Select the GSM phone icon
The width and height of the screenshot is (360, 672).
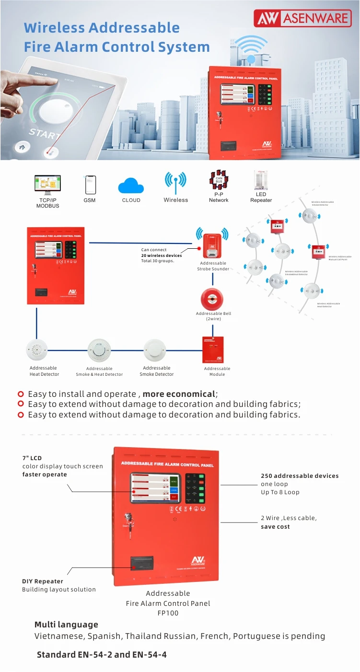90,185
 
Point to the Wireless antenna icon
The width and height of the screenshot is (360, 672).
175,183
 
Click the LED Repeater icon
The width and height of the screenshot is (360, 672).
261,182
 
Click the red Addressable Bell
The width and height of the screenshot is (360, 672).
212,299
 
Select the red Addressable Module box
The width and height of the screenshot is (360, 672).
213,349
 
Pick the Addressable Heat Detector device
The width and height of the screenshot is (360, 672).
38,350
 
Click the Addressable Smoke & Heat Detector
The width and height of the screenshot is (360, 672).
99,350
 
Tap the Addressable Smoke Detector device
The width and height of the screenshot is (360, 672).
155,350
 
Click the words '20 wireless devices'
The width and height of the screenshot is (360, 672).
162,255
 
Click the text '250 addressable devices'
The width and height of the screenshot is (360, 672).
300,476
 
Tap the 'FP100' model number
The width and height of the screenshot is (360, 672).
168,613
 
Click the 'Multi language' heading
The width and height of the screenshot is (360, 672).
66,625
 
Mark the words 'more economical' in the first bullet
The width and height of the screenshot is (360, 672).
179,394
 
